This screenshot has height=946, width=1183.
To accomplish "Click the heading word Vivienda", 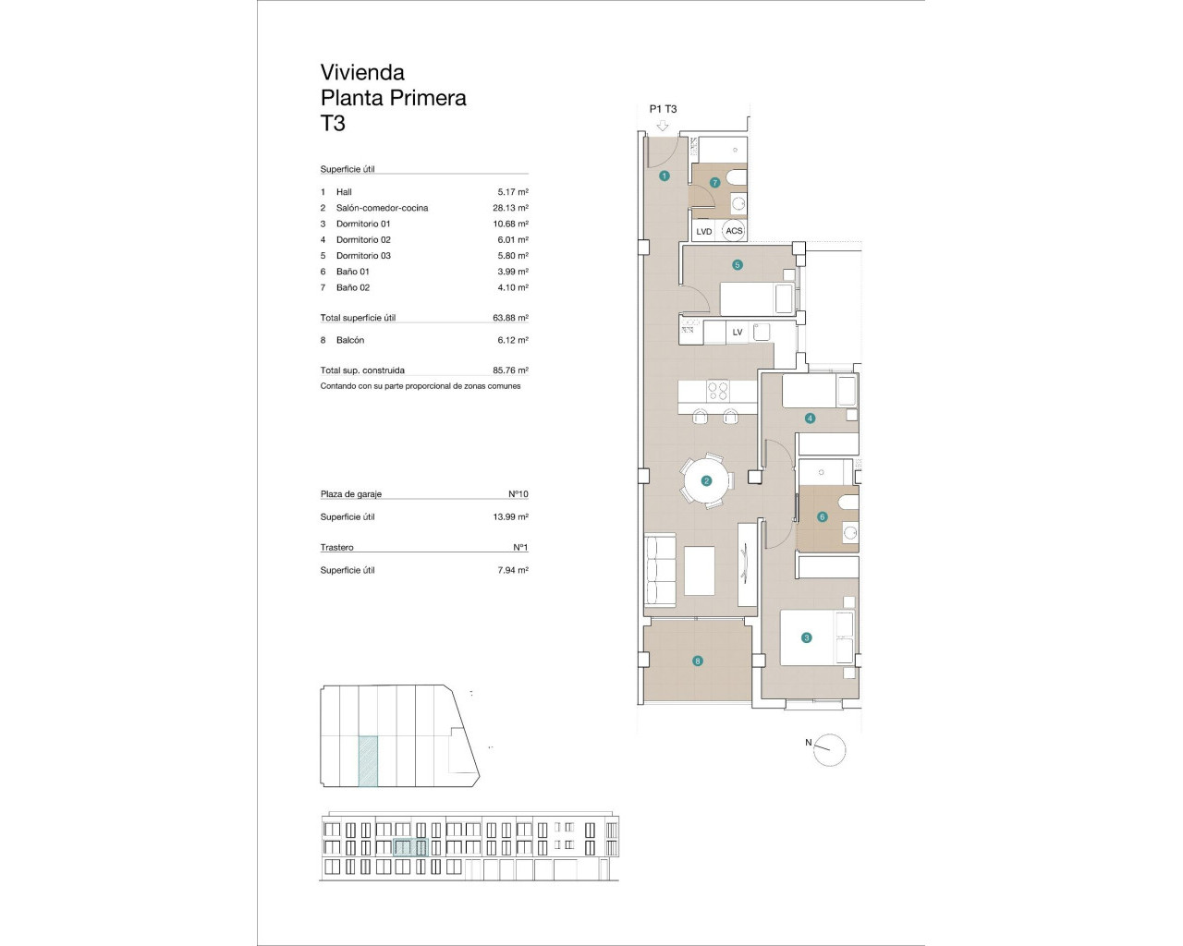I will click(362, 72).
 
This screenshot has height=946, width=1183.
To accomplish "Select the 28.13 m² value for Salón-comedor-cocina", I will click(510, 208).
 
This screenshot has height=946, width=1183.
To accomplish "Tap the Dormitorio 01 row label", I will click(363, 224).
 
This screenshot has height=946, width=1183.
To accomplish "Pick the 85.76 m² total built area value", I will click(510, 370).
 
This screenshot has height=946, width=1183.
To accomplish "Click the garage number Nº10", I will click(518, 494).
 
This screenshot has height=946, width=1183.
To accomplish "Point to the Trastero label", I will click(337, 548).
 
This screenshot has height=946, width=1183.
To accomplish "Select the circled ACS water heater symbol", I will click(734, 231).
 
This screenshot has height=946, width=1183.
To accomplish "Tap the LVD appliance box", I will click(704, 231).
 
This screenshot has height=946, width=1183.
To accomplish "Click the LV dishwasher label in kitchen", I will click(738, 333).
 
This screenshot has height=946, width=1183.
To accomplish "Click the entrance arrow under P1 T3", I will click(662, 125).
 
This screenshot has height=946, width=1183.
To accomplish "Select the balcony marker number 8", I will click(698, 661).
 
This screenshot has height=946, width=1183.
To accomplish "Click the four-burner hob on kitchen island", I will click(718, 391).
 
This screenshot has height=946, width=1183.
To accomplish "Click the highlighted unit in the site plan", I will click(368, 760).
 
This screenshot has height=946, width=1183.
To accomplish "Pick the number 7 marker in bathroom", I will click(714, 183).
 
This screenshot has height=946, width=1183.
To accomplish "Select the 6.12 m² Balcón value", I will click(510, 340).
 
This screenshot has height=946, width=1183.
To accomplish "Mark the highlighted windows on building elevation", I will click(409, 847).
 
